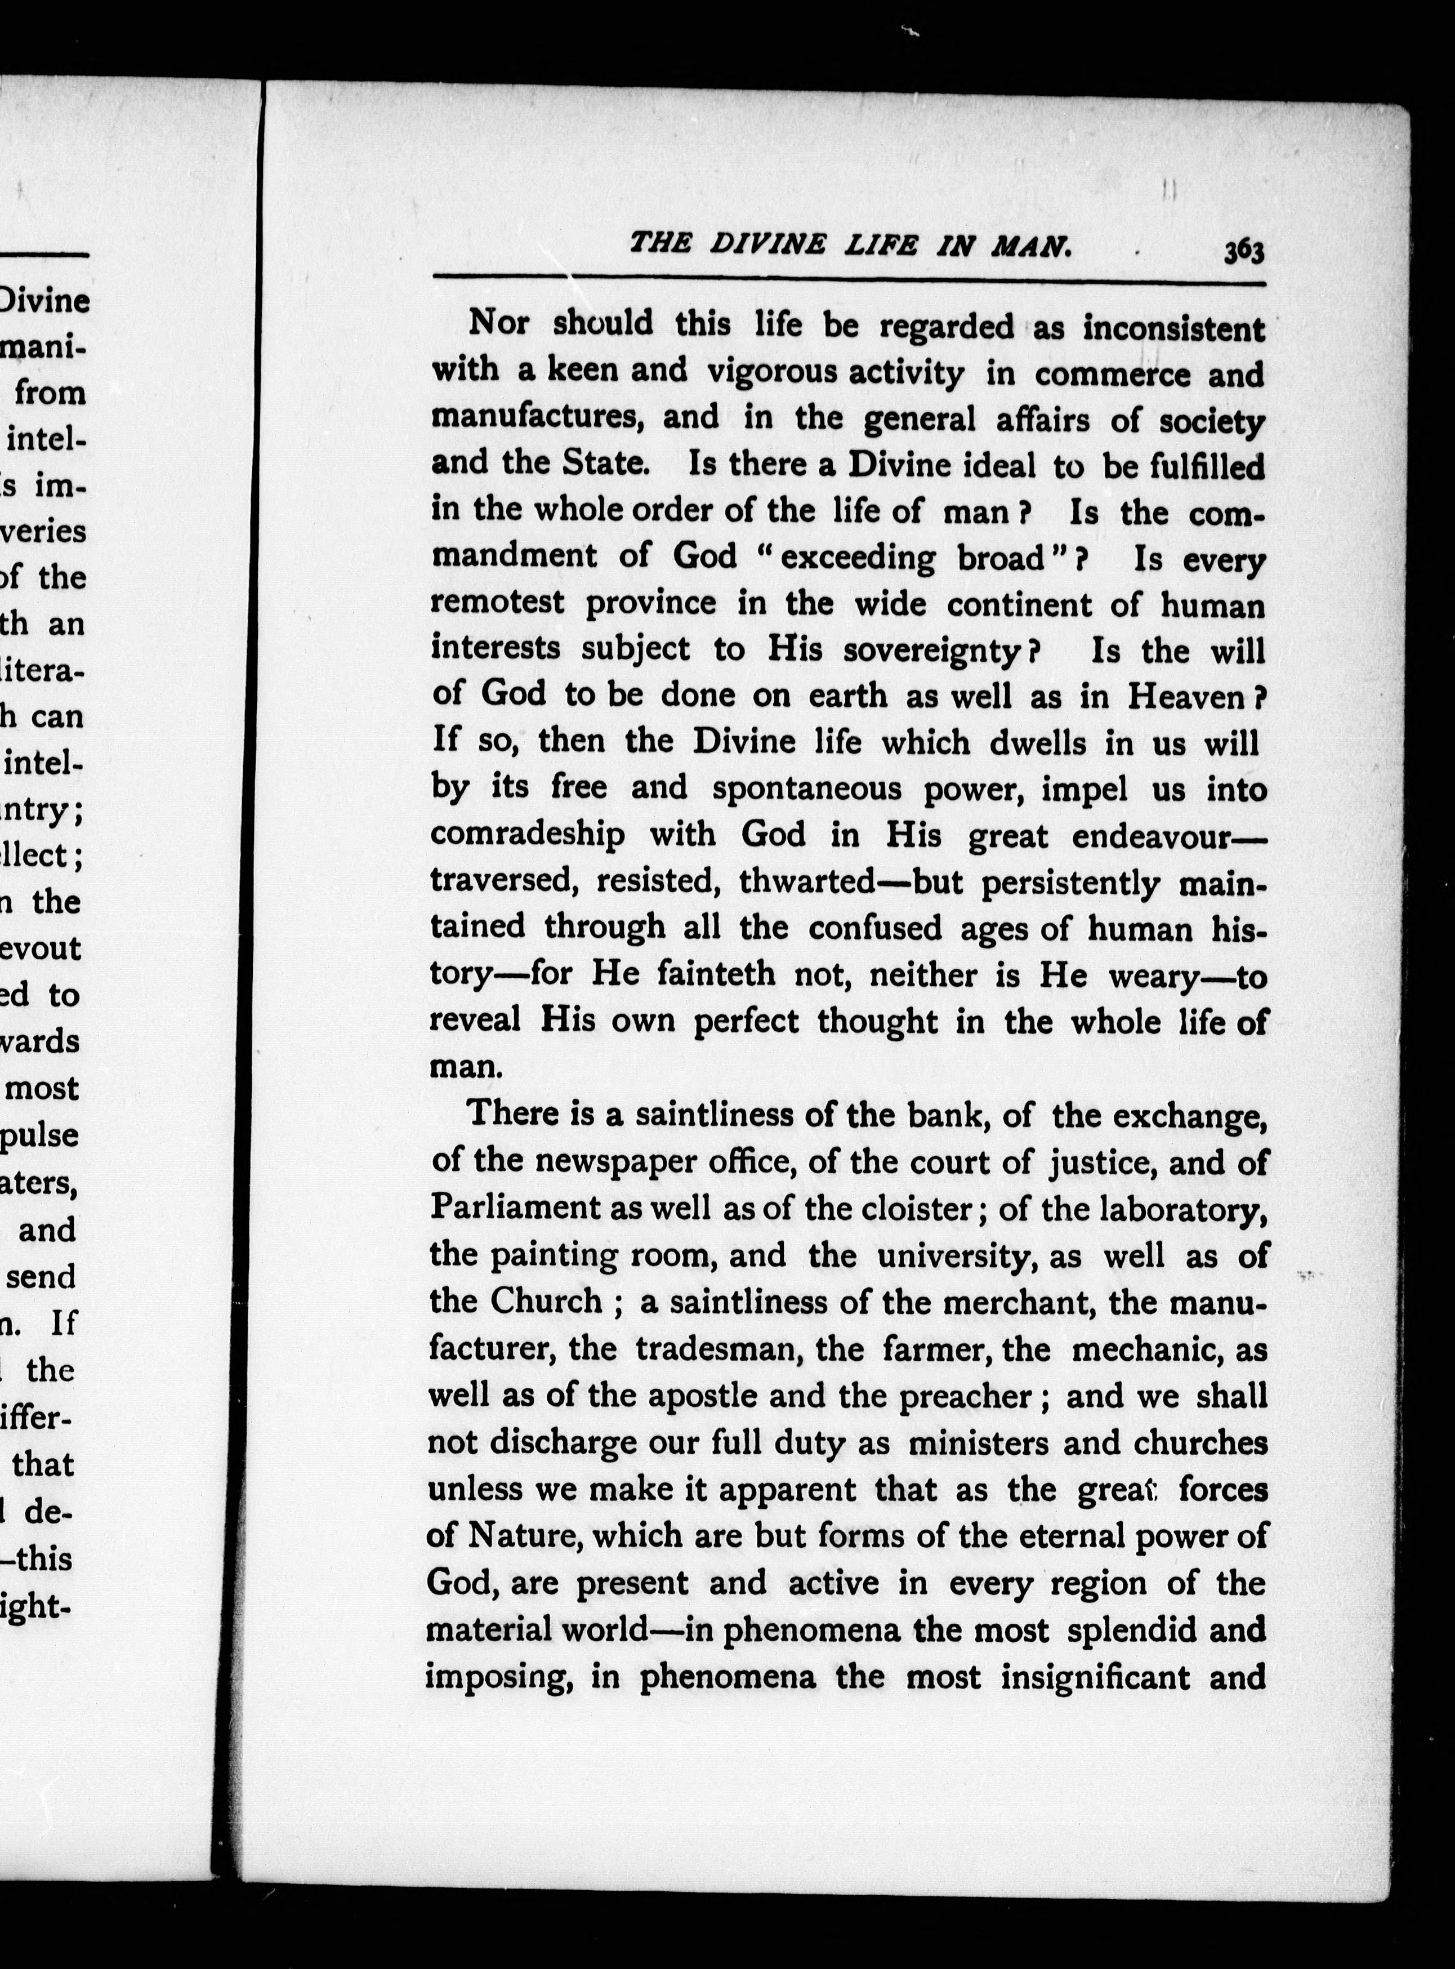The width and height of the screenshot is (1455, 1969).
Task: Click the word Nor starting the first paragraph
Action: pyautogui.click(x=498, y=323)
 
